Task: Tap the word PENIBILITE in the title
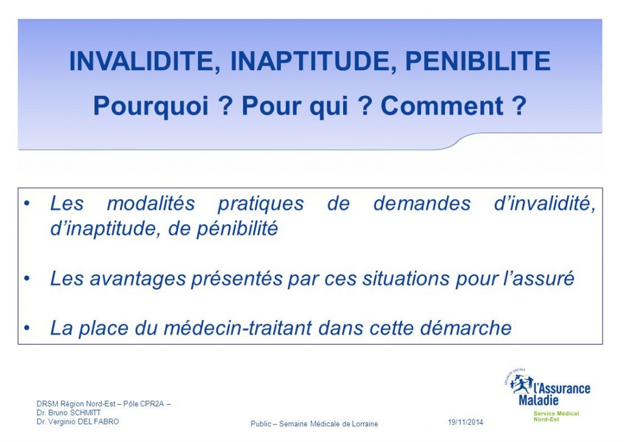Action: (x=478, y=62)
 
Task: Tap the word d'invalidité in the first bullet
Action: (x=544, y=204)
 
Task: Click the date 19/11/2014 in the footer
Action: (x=466, y=422)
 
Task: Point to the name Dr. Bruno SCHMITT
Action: (x=68, y=412)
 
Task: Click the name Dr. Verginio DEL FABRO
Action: (x=77, y=421)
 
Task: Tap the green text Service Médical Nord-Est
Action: (x=556, y=416)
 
